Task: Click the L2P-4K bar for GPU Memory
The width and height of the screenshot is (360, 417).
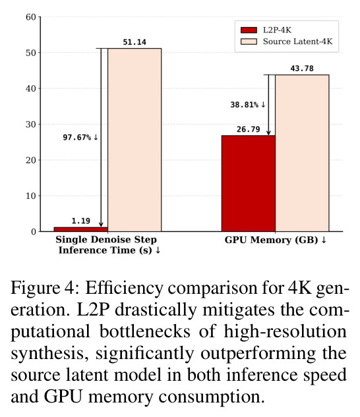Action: pyautogui.click(x=248, y=184)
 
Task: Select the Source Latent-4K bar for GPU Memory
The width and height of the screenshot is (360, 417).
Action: pyautogui.click(x=302, y=153)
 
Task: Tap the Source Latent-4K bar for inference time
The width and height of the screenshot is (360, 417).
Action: pyautogui.click(x=135, y=140)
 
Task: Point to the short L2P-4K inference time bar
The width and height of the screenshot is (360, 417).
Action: pyautogui.click(x=80, y=229)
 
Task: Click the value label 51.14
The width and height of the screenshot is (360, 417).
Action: pyautogui.click(x=135, y=42)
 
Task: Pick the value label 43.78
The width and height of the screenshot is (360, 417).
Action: pyautogui.click(x=302, y=69)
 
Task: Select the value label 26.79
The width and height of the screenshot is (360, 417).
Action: pyautogui.click(x=248, y=129)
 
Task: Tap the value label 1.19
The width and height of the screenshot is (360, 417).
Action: pyautogui.click(x=80, y=221)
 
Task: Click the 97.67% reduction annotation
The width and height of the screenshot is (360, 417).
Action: pyautogui.click(x=80, y=138)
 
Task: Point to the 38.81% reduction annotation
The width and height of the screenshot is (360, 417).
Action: pyautogui.click(x=248, y=105)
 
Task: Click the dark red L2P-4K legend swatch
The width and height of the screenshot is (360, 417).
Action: pyautogui.click(x=249, y=30)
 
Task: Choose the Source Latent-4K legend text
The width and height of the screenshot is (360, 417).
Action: pyautogui.click(x=298, y=42)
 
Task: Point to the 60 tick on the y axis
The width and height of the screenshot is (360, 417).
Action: pyautogui.click(x=30, y=17)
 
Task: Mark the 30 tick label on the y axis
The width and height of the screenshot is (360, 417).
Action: pyautogui.click(x=30, y=125)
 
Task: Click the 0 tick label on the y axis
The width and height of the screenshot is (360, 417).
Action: pyautogui.click(x=33, y=232)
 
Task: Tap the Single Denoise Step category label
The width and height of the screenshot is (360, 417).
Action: pyautogui.click(x=106, y=239)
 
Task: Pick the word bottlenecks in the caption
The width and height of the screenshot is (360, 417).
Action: pyautogui.click(x=144, y=331)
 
